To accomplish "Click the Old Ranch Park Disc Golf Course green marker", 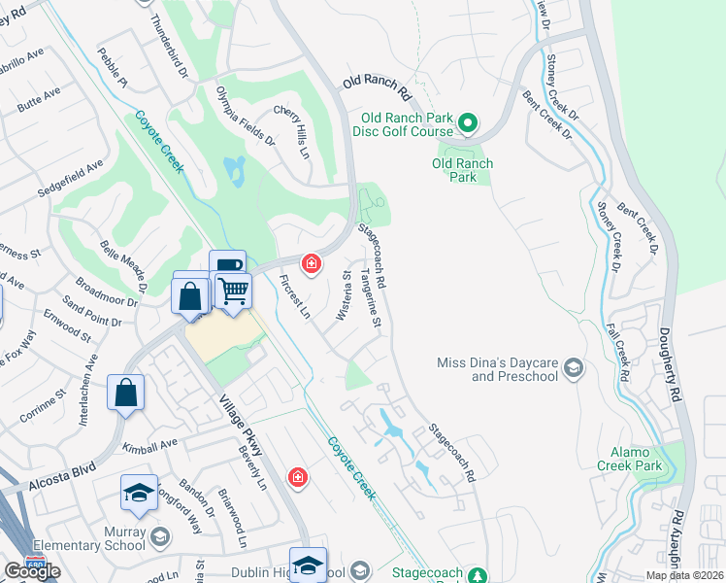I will [x=467, y=123].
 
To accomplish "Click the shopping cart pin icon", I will [x=233, y=291].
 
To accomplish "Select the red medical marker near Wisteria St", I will [x=311, y=263].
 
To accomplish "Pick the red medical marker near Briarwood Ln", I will [x=297, y=477].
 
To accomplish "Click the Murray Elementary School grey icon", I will [x=159, y=536].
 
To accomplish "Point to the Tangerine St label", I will [x=372, y=304].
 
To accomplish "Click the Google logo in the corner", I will [x=32, y=571].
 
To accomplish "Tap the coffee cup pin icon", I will [x=226, y=266].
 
